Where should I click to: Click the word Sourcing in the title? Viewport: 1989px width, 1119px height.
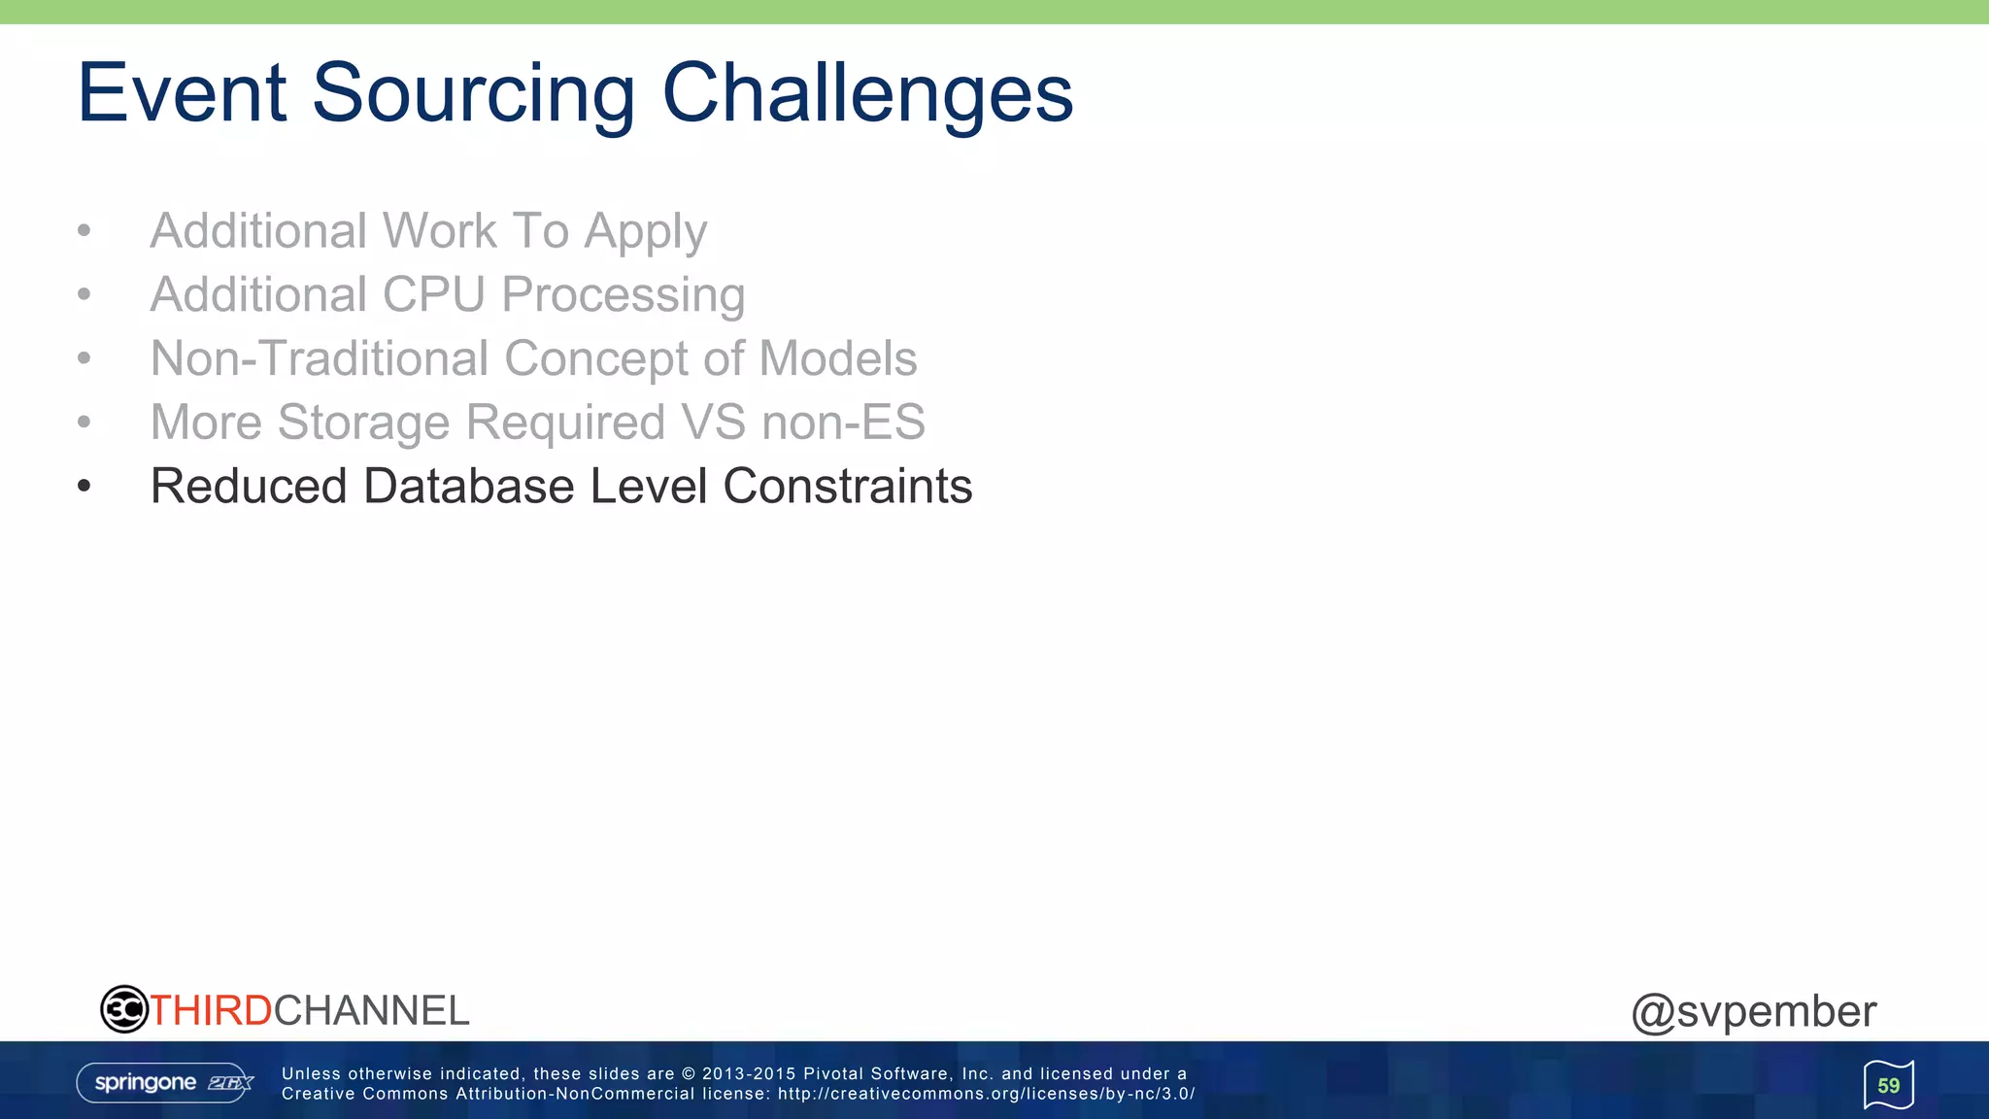point(473,94)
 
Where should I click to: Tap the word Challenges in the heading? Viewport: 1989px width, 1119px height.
point(867,94)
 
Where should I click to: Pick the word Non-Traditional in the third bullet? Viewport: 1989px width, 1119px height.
point(320,358)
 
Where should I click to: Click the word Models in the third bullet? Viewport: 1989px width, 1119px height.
point(837,358)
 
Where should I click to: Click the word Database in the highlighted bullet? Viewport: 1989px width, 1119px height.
point(468,486)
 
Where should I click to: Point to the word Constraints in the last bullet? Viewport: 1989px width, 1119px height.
point(847,486)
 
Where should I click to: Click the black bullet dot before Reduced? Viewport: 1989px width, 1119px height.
point(84,486)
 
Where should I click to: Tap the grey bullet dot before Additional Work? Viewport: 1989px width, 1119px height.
point(84,231)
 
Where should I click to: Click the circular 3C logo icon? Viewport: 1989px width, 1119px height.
point(123,1009)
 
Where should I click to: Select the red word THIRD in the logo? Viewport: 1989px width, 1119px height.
point(211,1011)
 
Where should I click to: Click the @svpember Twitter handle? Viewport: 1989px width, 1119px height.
point(1753,1012)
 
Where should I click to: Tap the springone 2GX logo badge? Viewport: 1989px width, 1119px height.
point(165,1083)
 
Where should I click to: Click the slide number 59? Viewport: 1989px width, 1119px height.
point(1888,1085)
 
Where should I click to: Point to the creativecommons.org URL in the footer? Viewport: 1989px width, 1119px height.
point(986,1094)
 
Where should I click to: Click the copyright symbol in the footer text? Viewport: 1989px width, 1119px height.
point(689,1074)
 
